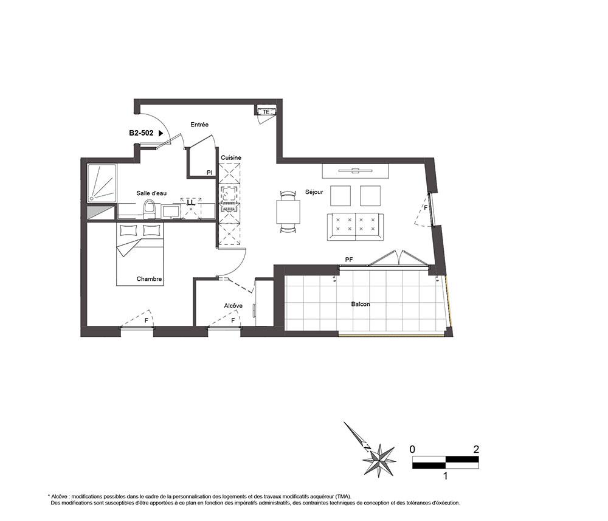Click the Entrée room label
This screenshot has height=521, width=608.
(199, 125)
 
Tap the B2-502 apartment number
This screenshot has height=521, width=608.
(141, 133)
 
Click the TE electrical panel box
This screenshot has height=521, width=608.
(266, 112)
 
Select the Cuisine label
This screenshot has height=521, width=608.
(231, 158)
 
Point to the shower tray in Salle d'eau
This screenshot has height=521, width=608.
(102, 183)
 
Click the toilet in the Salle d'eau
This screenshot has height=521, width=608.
(150, 210)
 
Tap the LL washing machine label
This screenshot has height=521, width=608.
(191, 202)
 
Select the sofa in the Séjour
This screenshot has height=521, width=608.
(355, 227)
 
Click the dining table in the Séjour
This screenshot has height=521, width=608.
(288, 212)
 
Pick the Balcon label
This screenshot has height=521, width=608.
(361, 305)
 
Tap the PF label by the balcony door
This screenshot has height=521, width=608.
(349, 260)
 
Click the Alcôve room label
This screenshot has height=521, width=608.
(233, 306)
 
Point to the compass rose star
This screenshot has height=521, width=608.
(379, 460)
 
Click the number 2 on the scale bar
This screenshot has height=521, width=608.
(476, 449)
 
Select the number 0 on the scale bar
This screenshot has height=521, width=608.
(412, 449)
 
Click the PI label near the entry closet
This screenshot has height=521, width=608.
(209, 173)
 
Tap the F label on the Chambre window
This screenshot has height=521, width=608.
(146, 320)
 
